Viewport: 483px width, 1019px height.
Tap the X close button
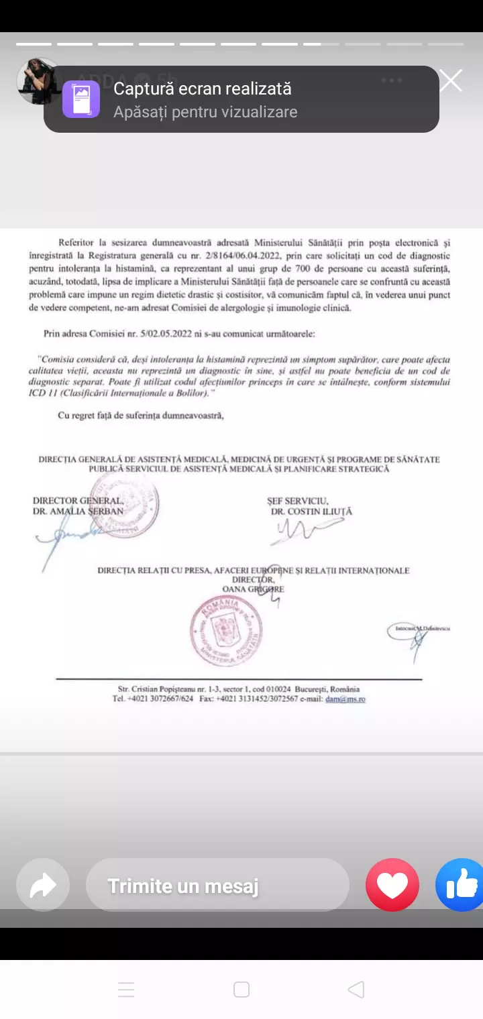point(451,81)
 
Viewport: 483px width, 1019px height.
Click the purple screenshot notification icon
point(81,99)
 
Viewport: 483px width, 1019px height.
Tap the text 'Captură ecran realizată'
point(202,88)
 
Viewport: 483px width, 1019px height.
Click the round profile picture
point(38,80)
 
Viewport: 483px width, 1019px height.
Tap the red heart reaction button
point(392,885)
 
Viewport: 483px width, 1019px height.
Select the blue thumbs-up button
point(462,885)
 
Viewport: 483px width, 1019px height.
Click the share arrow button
point(43,886)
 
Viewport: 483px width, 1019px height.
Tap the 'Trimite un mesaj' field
point(217,886)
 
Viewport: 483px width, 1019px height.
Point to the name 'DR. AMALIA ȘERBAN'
point(78,512)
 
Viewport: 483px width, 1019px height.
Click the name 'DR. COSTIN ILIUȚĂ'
point(311,512)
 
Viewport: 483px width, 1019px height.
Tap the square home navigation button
point(241,990)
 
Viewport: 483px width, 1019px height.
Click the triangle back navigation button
point(356,990)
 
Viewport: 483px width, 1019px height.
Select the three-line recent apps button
point(126,990)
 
